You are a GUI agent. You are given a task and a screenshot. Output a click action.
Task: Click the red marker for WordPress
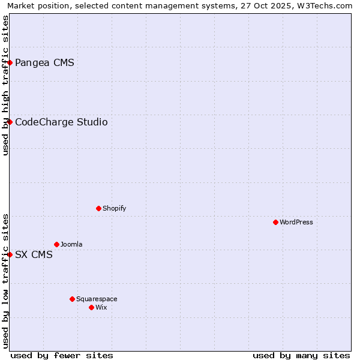click(x=275, y=222)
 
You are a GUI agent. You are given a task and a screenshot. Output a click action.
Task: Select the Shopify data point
click(x=98, y=208)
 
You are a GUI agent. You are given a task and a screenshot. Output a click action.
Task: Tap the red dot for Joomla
click(x=56, y=244)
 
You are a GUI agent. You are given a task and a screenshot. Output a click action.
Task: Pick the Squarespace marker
click(x=72, y=299)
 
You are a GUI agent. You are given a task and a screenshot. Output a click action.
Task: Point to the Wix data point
click(x=91, y=307)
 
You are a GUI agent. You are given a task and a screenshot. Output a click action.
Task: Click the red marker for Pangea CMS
click(x=10, y=62)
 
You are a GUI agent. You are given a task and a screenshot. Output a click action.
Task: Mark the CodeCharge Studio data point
click(x=10, y=122)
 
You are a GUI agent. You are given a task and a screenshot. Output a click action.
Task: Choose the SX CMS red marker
click(x=10, y=254)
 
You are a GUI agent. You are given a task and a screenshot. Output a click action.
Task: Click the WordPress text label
click(x=296, y=222)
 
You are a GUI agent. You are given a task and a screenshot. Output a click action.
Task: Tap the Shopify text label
click(x=114, y=208)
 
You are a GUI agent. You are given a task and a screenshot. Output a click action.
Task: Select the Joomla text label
click(x=71, y=244)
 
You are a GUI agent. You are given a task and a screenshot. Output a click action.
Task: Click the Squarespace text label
click(x=97, y=299)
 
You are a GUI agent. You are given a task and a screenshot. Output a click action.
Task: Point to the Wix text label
click(x=101, y=307)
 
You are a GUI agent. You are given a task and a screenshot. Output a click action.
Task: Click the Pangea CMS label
click(x=44, y=62)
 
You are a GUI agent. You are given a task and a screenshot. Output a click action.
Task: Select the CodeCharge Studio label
click(x=61, y=122)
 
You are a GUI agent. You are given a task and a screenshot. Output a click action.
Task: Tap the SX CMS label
click(x=34, y=254)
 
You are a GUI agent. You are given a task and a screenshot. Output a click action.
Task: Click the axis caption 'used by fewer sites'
click(x=62, y=355)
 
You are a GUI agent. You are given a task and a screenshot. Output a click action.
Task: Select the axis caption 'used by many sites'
click(x=301, y=355)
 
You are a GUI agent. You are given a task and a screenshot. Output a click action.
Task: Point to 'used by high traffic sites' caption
click(x=5, y=86)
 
